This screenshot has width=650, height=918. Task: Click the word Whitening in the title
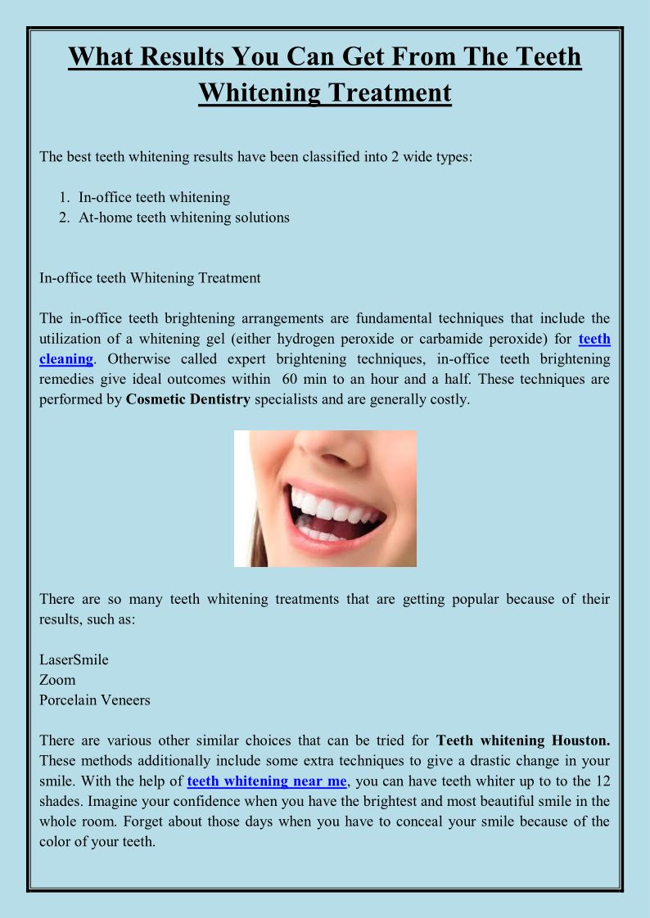click(260, 92)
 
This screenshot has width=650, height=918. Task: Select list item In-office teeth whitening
click(154, 197)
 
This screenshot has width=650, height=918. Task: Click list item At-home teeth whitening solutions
click(183, 218)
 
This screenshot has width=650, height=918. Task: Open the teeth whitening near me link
click(267, 781)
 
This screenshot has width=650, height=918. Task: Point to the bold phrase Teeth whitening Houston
click(523, 740)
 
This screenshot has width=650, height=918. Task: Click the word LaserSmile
click(74, 659)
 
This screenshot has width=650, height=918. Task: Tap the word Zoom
click(57, 680)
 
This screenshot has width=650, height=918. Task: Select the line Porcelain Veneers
click(95, 700)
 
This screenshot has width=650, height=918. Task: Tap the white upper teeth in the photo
click(327, 507)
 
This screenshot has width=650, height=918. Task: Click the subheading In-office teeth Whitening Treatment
click(150, 278)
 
